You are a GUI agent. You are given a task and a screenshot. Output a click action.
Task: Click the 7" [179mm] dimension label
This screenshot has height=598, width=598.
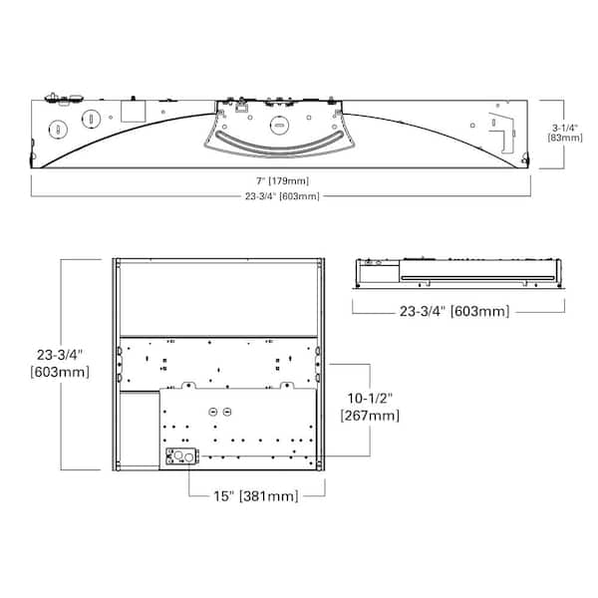(282, 180)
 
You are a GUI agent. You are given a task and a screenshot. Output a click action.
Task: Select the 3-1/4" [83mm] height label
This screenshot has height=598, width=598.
(565, 133)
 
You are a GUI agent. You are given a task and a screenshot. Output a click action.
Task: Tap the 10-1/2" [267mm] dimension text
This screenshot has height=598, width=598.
(370, 407)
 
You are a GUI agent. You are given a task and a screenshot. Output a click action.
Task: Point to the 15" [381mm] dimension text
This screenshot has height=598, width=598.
(255, 496)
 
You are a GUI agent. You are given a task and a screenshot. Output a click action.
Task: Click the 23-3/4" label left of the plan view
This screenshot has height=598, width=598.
(60, 363)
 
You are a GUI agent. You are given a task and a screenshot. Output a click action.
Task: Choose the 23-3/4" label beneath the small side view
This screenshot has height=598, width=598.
(454, 311)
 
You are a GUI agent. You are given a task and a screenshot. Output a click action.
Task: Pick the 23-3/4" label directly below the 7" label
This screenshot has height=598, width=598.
(282, 196)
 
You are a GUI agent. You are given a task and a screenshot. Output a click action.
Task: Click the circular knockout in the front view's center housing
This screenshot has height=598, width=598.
(279, 126)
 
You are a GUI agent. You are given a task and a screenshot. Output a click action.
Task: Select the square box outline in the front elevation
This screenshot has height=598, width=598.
(134, 111)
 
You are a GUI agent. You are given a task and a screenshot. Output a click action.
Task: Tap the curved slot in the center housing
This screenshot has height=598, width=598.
(279, 144)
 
